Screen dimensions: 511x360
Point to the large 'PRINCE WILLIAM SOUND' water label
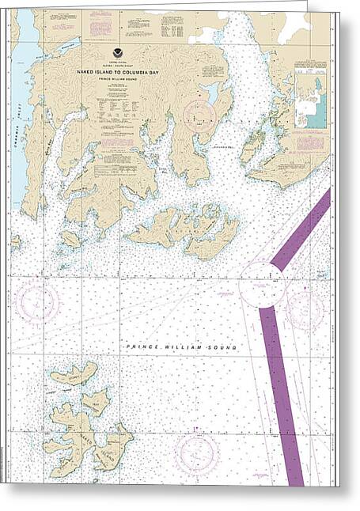pyautogui.click(x=181, y=347)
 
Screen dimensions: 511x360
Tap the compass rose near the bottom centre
pyautogui.click(x=195, y=452)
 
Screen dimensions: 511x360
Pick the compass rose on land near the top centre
pyautogui.click(x=199, y=115)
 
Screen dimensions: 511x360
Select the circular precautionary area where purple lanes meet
pyautogui.click(x=263, y=284)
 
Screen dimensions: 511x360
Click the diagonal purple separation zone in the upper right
pyautogui.click(x=301, y=229)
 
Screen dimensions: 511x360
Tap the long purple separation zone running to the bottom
pyautogui.click(x=281, y=396)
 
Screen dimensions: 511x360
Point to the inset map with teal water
pyautogui.click(x=310, y=97)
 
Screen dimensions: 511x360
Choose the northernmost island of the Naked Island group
pyautogui.click(x=72, y=374)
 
